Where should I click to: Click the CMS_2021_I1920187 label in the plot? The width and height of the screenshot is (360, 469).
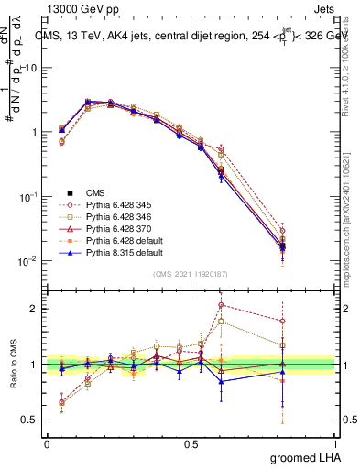[191, 274]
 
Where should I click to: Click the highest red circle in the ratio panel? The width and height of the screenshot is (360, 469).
[221, 305]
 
